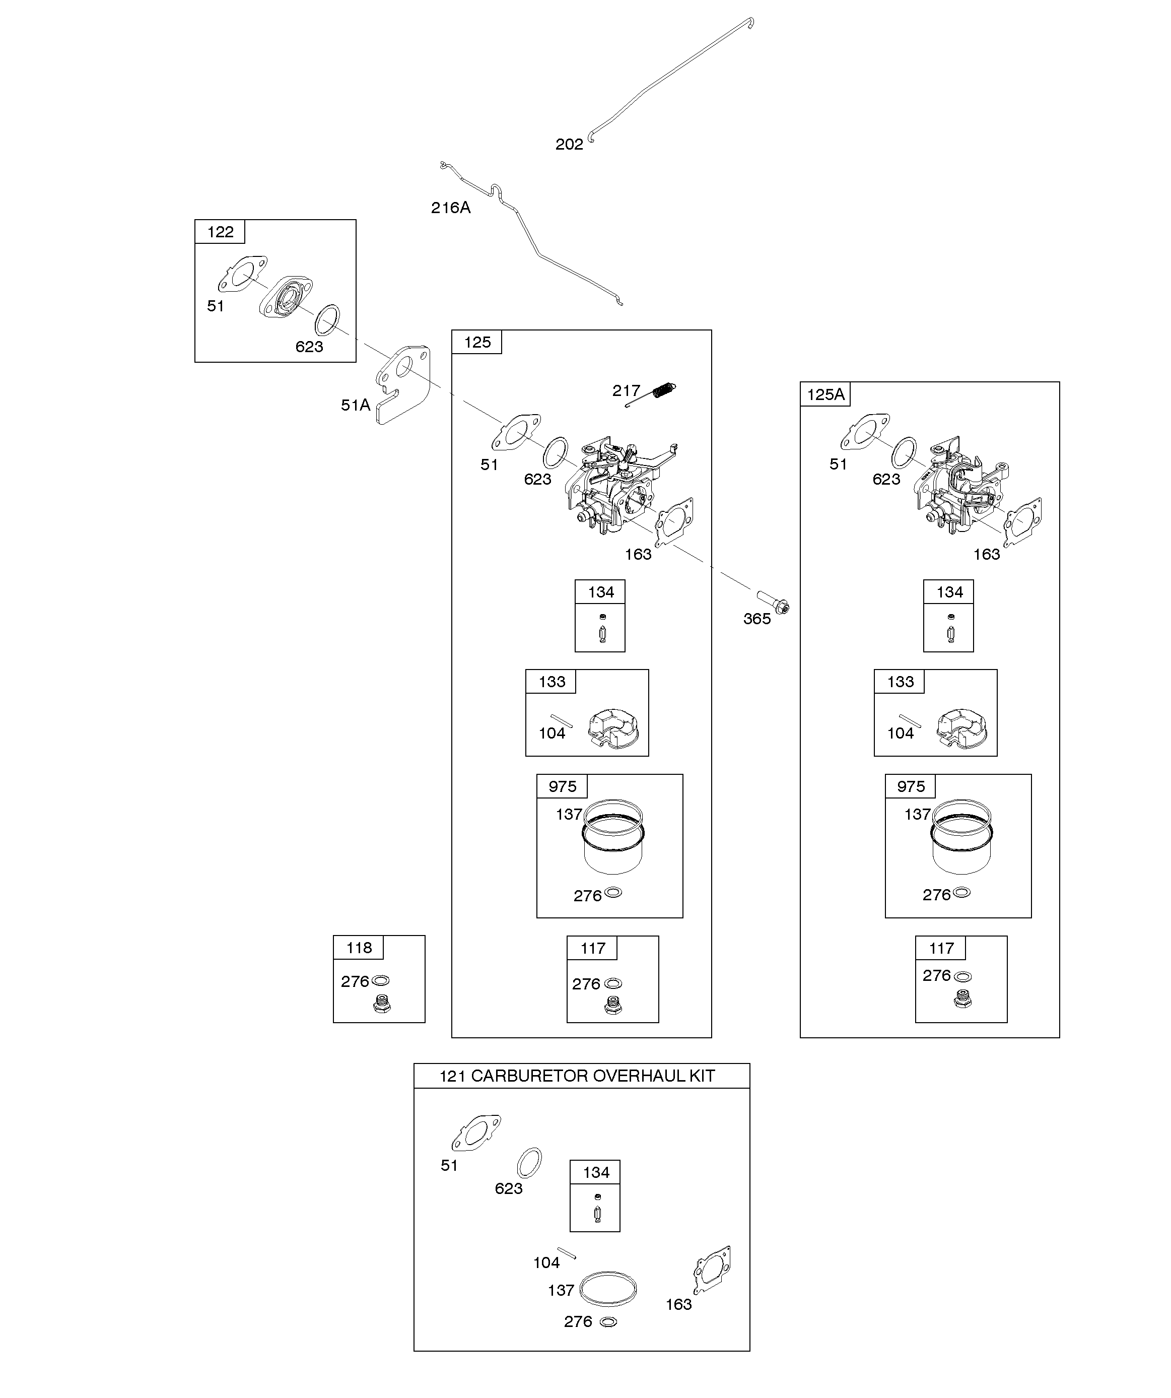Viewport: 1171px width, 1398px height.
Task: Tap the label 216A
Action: point(451,208)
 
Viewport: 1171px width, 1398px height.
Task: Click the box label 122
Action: point(221,232)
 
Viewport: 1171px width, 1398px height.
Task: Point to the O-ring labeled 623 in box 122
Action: point(327,320)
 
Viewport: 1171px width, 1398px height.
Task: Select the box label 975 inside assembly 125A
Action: point(911,786)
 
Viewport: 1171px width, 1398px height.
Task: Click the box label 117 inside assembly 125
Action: point(592,948)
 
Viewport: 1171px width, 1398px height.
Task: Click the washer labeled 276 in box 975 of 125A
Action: point(961,893)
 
